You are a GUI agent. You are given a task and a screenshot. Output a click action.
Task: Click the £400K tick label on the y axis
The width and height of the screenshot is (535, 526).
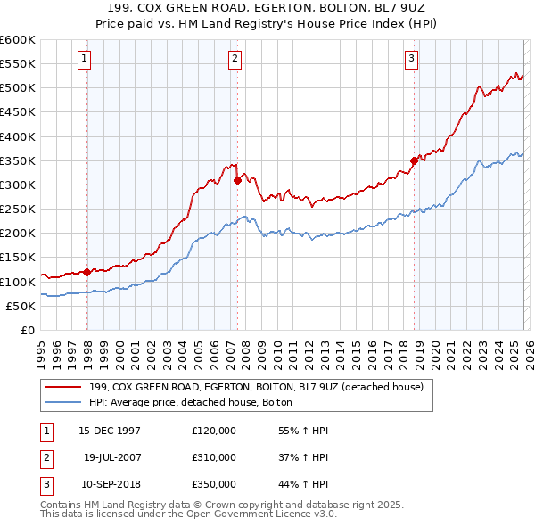click(x=18, y=136)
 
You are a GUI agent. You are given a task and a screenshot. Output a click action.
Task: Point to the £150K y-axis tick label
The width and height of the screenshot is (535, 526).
click(x=18, y=257)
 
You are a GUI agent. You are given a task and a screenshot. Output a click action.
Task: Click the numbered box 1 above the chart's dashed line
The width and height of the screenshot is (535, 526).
click(x=84, y=60)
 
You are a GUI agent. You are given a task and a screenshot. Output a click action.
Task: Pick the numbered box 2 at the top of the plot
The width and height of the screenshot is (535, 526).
click(x=235, y=60)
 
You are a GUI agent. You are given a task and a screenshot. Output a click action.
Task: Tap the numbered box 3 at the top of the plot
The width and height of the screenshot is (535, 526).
click(x=411, y=60)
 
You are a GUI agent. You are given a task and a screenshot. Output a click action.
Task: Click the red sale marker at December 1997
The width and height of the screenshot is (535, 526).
click(x=86, y=272)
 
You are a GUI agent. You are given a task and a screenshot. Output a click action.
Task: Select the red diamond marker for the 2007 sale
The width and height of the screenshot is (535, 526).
click(x=237, y=180)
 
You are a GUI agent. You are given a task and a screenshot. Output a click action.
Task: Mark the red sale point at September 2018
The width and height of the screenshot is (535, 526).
click(x=414, y=160)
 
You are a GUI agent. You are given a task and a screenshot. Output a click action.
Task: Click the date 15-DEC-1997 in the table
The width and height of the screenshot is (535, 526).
click(x=109, y=431)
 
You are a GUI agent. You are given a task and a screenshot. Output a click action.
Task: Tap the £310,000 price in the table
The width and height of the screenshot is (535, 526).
click(x=214, y=457)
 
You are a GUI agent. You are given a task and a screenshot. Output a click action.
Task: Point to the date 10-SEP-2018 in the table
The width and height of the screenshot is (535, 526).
click(x=109, y=484)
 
